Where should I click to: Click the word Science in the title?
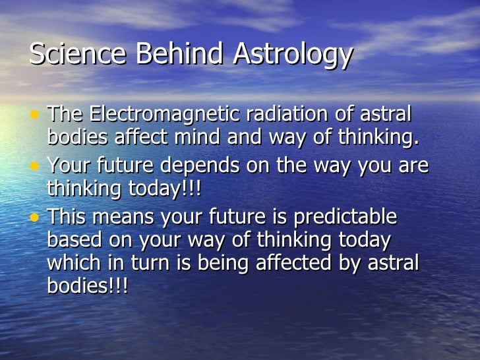pos(70,54)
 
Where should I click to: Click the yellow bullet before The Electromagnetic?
pos(34,115)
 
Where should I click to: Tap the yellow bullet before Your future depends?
pos(34,167)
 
